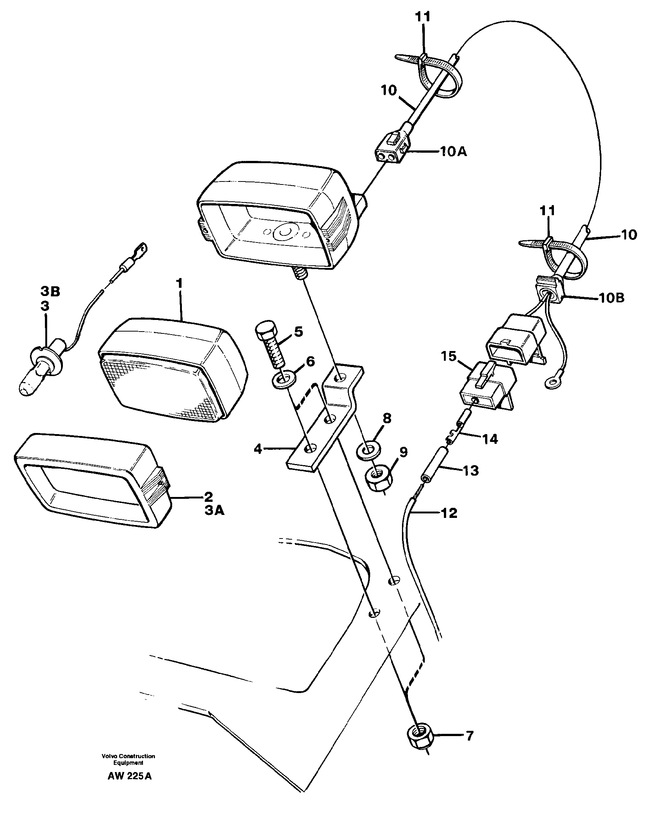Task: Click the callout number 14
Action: pos(490,439)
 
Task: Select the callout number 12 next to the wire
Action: pos(449,513)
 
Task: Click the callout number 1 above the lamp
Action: pos(179,284)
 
